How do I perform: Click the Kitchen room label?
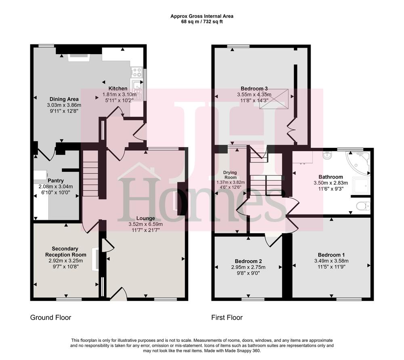click(x=118, y=88)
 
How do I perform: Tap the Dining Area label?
click(x=64, y=99)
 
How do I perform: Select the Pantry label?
click(x=56, y=181)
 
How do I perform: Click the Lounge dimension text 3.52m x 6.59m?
click(x=145, y=225)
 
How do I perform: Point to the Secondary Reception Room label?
click(x=65, y=252)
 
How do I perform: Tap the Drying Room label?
click(x=230, y=175)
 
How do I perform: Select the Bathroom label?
click(x=331, y=177)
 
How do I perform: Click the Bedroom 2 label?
click(x=248, y=261)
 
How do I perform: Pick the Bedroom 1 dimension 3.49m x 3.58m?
click(x=331, y=261)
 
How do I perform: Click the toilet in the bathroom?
click(x=363, y=206)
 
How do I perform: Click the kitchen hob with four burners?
click(x=136, y=72)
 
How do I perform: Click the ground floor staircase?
click(x=90, y=173)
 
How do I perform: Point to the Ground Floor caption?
click(x=50, y=318)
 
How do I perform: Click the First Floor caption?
click(x=227, y=318)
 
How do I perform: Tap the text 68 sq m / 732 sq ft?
click(x=202, y=22)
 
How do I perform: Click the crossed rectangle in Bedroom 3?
click(x=274, y=99)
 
